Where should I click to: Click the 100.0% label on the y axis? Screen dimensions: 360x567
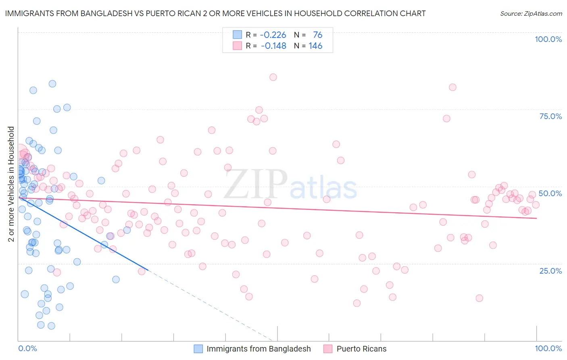(548, 39)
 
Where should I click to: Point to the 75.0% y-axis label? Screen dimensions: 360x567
(550, 116)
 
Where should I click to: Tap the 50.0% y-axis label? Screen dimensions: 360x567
(550, 193)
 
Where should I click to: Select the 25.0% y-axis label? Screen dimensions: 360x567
(550, 270)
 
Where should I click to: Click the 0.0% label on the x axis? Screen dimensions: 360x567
(27, 348)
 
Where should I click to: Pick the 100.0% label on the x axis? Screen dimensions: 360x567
(548, 348)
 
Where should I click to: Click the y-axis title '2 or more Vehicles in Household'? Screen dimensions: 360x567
(11, 184)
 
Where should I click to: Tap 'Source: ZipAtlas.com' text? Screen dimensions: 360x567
(531, 13)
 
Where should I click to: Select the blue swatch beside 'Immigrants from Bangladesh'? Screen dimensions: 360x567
(198, 349)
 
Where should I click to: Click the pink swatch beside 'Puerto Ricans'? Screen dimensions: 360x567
(328, 349)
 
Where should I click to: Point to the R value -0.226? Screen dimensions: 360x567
(273, 35)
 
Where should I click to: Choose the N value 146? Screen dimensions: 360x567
(315, 46)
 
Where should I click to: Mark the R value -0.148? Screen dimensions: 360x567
(273, 46)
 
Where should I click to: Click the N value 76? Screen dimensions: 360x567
(317, 35)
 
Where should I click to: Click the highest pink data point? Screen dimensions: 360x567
(273, 77)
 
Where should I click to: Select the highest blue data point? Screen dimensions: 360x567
(52, 84)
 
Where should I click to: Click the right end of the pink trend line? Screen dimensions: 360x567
(536, 218)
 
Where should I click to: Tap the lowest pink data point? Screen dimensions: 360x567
(356, 303)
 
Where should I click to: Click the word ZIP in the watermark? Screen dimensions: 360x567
(255, 184)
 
